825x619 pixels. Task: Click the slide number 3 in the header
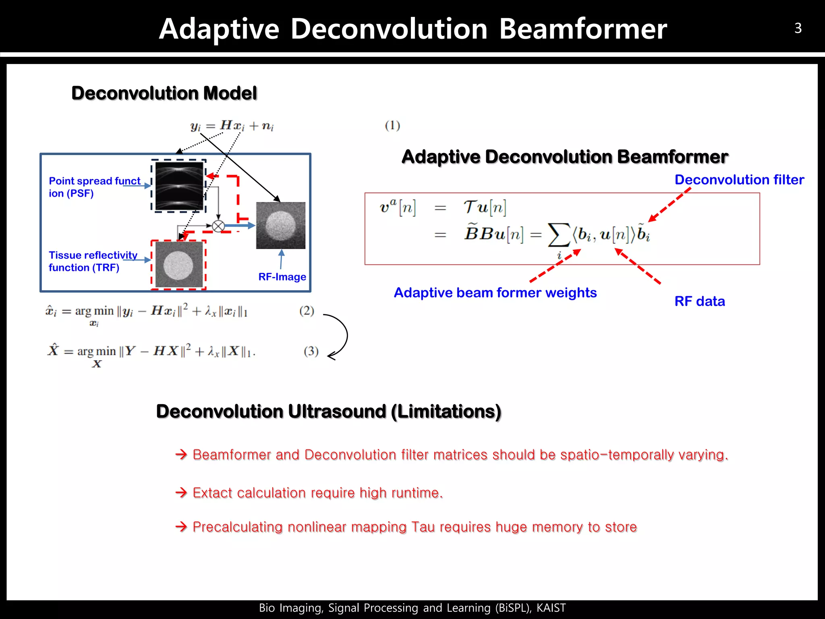pos(798,28)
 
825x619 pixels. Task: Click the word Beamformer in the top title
pos(583,29)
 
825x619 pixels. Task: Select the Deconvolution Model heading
pos(164,93)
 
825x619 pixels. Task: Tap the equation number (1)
pos(392,126)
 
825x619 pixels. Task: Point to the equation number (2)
pos(307,311)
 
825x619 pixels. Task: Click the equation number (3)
pos(311,351)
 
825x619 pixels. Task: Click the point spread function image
pos(179,186)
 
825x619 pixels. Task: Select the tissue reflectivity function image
pos(179,264)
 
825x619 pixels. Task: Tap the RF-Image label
pos(282,277)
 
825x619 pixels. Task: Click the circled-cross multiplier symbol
pos(218,226)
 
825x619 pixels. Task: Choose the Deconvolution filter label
pos(739,180)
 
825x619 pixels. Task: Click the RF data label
pos(700,301)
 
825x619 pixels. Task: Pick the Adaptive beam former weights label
pos(495,293)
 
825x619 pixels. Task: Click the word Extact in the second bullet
pos(212,493)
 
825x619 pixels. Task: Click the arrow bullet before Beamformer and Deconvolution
pos(181,455)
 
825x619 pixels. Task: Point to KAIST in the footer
pos(551,608)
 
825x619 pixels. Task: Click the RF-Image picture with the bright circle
pos(281,225)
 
